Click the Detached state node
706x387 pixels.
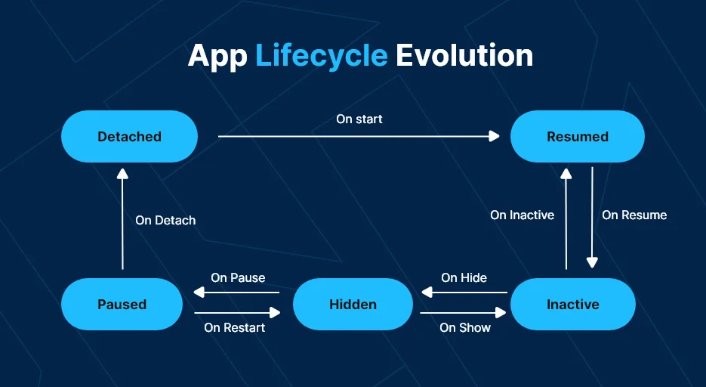[x=129, y=137]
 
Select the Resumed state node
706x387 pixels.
[x=577, y=137]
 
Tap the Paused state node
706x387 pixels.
[x=122, y=304]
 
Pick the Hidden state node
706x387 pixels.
[x=353, y=304]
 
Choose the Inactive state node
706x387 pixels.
[x=572, y=304]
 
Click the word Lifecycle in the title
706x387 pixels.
[x=322, y=56]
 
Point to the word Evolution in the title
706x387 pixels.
[x=464, y=55]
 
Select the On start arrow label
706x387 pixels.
[x=359, y=119]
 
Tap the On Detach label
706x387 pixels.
[x=165, y=220]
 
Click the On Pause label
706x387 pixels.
[x=238, y=277]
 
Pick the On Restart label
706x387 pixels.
[x=235, y=327]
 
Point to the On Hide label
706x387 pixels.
[x=464, y=277]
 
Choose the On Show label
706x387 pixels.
[x=465, y=327]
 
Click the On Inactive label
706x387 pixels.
[x=523, y=215]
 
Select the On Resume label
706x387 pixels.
[x=634, y=215]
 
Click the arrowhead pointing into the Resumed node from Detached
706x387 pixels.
[x=495, y=136]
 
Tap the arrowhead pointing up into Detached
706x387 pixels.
[x=122, y=174]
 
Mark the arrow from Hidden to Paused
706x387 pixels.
[x=236, y=293]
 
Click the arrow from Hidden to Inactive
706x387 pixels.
[x=464, y=312]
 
